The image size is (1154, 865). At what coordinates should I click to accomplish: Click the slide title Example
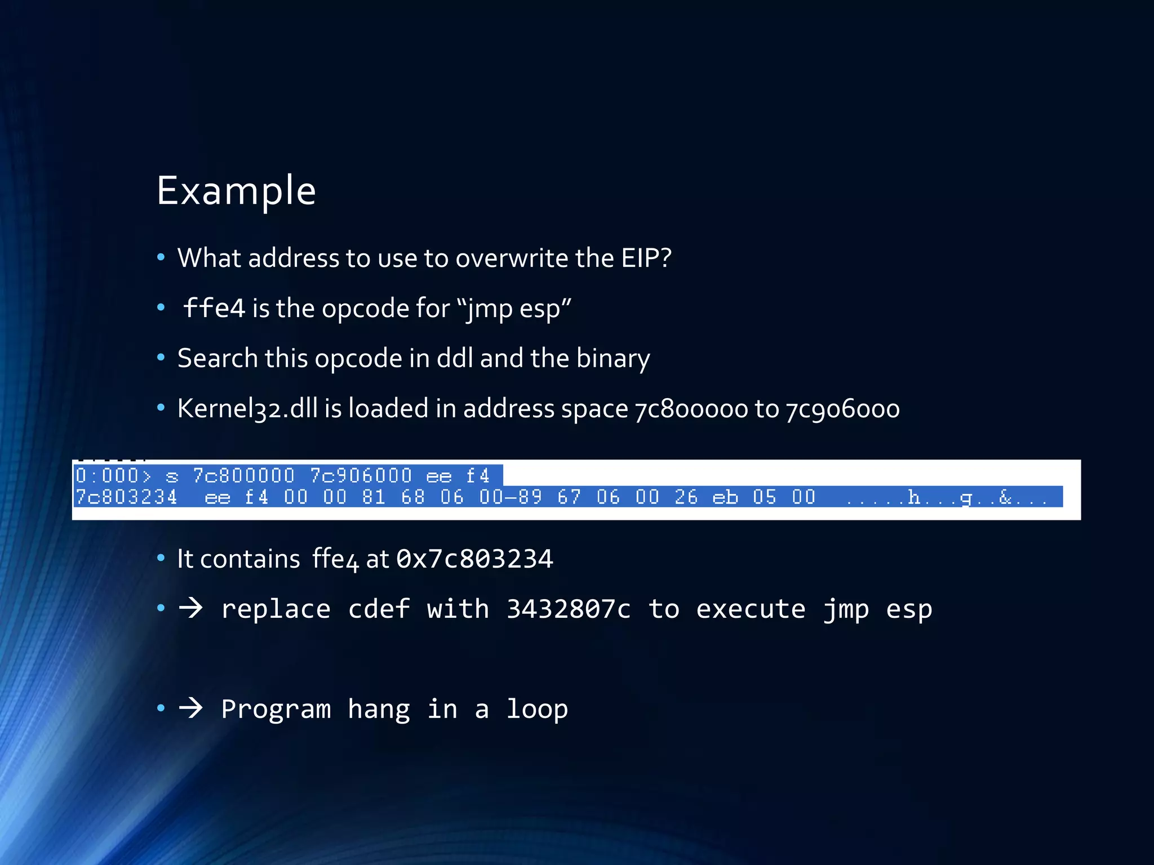coord(236,191)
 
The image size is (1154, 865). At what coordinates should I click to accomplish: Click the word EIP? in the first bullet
coord(646,258)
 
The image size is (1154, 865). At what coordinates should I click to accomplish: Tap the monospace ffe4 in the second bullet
coord(214,308)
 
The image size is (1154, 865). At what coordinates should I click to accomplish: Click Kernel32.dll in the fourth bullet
coord(247,408)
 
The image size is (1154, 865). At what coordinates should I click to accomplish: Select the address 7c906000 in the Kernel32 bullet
coord(843,409)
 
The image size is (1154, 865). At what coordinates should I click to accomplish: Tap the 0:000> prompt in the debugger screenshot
coord(113,476)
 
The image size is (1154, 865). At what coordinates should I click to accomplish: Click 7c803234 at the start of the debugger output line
coord(127,497)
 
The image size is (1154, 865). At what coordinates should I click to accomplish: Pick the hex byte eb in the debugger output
coord(725,497)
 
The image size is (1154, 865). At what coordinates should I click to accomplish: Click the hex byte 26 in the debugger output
coord(686,497)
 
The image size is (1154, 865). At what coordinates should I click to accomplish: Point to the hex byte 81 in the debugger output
coord(374,497)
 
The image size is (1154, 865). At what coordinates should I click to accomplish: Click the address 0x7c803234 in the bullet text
coord(474,559)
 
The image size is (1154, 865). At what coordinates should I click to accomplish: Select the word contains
coord(250,559)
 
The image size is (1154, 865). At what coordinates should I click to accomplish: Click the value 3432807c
coord(568,609)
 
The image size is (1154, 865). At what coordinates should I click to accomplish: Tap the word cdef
coord(379,609)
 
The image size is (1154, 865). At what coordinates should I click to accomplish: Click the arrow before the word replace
coord(190,608)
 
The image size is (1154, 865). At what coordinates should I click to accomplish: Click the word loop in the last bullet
coord(537,709)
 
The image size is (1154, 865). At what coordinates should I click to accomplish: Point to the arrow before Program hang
coord(190,708)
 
